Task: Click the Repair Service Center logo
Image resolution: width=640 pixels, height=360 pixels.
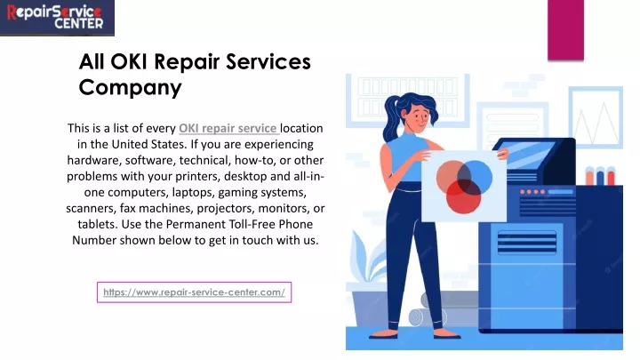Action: pyautogui.click(x=57, y=18)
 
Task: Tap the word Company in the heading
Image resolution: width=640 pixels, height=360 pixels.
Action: pyautogui.click(x=130, y=88)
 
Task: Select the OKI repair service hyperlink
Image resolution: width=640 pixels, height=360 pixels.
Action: pyautogui.click(x=228, y=128)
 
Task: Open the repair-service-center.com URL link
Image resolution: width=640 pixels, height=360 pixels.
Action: pyautogui.click(x=195, y=292)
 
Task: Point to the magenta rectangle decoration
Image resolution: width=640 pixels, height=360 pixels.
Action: pyautogui.click(x=565, y=30)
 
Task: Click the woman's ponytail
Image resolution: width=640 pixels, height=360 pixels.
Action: pyautogui.click(x=390, y=118)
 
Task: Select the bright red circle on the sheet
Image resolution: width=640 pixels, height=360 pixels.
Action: pyautogui.click(x=463, y=197)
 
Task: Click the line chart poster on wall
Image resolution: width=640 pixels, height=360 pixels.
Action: pyautogui.click(x=596, y=117)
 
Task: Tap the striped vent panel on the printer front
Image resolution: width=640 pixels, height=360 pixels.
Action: pyautogui.click(x=527, y=243)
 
